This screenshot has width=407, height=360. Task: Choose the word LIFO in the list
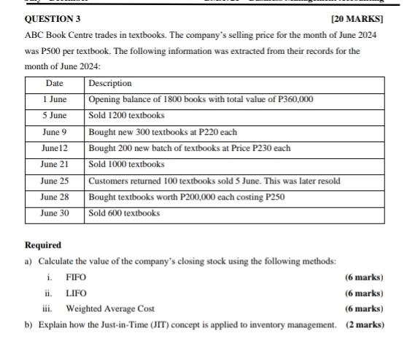[76, 292]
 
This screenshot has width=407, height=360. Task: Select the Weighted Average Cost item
[110, 308]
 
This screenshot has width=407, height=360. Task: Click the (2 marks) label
[365, 324]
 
